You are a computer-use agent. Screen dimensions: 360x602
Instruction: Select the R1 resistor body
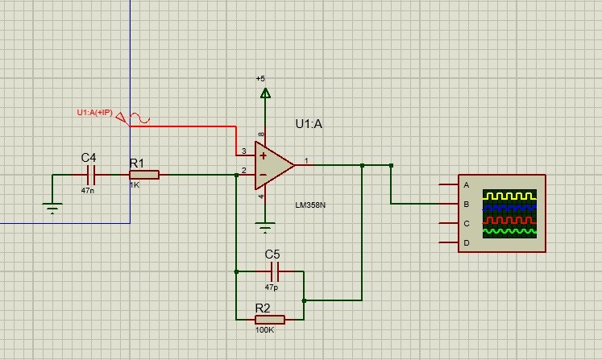pyautogui.click(x=144, y=174)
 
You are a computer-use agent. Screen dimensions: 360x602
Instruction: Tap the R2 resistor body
pyautogui.click(x=270, y=319)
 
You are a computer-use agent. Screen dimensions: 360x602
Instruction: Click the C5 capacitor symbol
pyautogui.click(x=273, y=271)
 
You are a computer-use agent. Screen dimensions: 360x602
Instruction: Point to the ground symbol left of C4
pyautogui.click(x=52, y=207)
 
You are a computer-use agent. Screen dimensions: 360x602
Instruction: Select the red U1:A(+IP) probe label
pyautogui.click(x=94, y=113)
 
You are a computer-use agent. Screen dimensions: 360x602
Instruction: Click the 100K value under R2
pyautogui.click(x=265, y=330)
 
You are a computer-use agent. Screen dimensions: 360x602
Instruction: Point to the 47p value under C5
pyautogui.click(x=272, y=287)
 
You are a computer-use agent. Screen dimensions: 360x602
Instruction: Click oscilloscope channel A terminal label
pyautogui.click(x=467, y=185)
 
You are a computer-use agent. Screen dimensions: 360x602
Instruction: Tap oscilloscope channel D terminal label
pyautogui.click(x=467, y=242)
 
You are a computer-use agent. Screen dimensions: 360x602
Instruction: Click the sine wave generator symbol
pyautogui.click(x=139, y=118)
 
